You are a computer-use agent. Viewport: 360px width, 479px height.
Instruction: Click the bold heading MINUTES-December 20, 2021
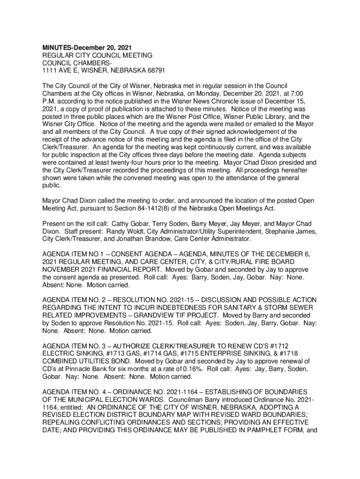87,48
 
